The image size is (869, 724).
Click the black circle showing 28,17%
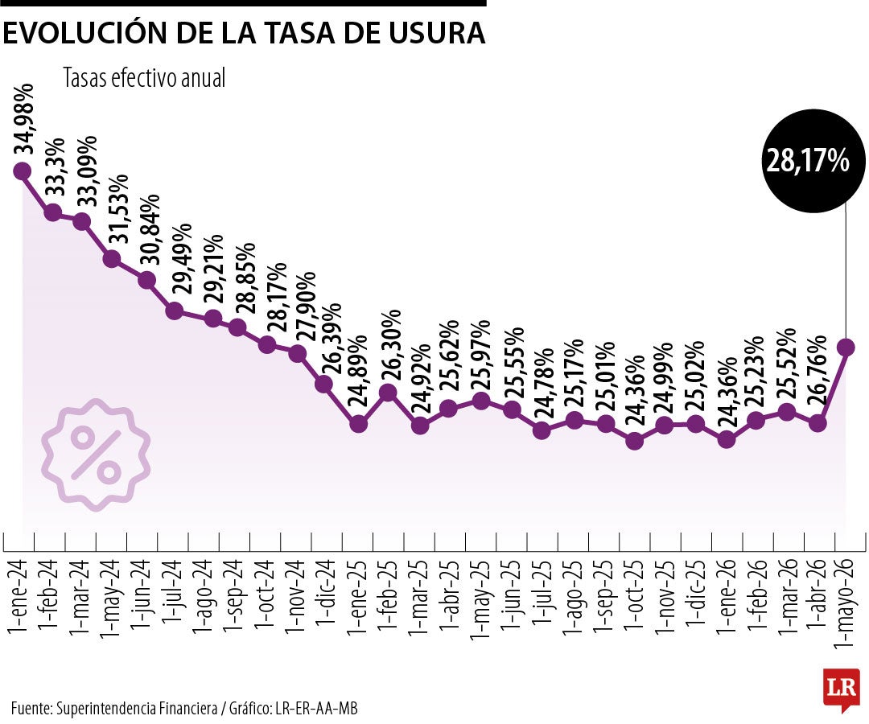(808, 160)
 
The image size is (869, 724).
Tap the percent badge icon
(96, 455)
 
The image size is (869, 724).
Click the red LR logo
(841, 688)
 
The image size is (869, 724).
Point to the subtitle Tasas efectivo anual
(144, 78)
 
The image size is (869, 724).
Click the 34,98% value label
(25, 119)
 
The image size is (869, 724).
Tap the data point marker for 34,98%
(23, 171)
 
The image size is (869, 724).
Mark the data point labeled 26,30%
(388, 393)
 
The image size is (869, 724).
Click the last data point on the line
(846, 347)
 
